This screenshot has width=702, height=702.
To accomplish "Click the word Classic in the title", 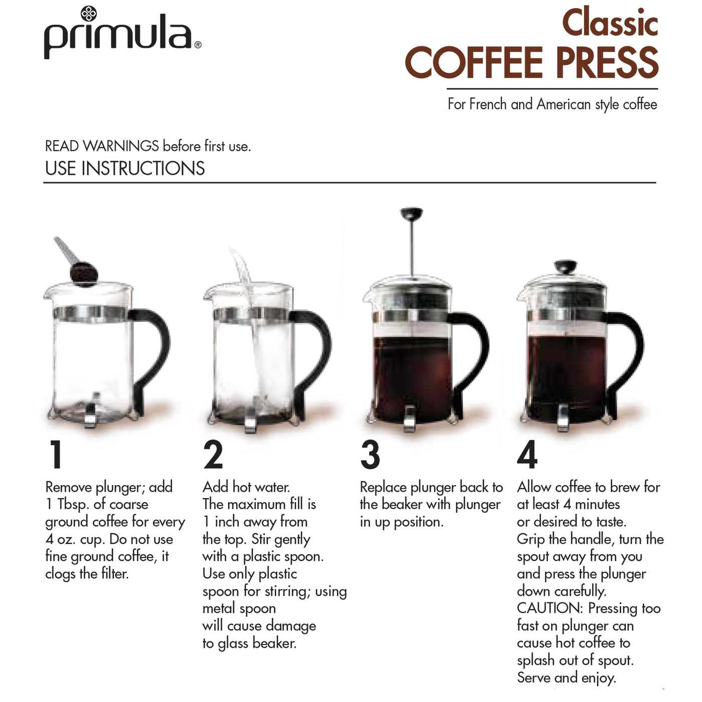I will click(x=609, y=23).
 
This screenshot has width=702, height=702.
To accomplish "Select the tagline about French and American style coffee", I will click(x=552, y=104).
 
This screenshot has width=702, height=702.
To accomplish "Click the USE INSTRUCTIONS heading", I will click(x=125, y=168).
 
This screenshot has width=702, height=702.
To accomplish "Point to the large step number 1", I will click(x=56, y=455).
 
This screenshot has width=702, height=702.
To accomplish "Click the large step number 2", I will click(x=213, y=455).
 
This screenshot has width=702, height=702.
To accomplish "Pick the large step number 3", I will click(x=370, y=455).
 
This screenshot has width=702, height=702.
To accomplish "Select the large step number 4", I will click(x=527, y=455).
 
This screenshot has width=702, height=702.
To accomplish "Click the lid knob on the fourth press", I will click(x=565, y=266).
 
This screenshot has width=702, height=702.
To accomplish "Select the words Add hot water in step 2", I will click(x=246, y=487).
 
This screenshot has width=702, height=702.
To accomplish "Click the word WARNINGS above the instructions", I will click(x=121, y=146).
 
